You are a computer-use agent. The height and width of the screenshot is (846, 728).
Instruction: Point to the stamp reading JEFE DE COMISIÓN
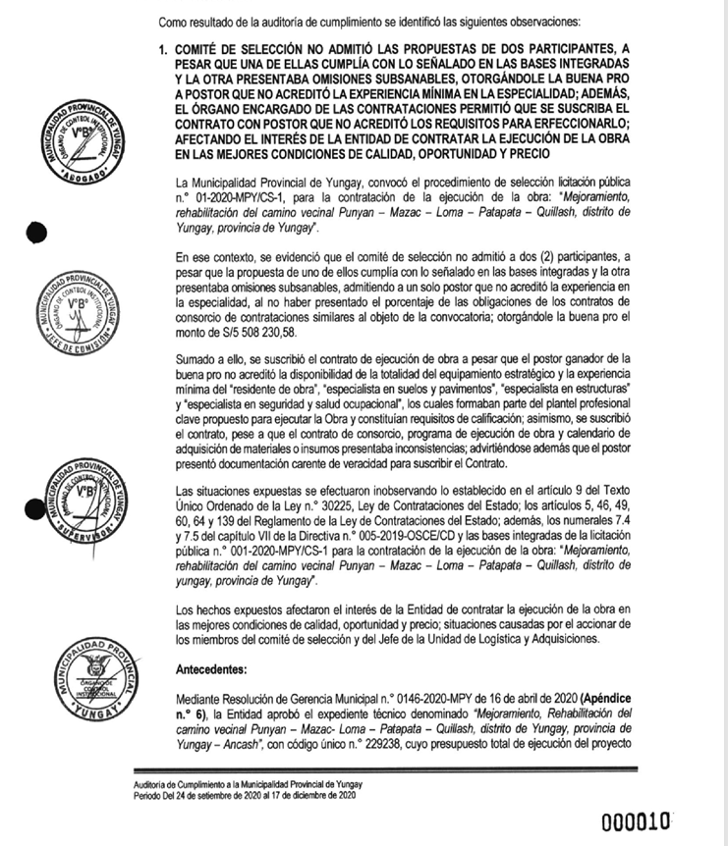pos(82,303)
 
